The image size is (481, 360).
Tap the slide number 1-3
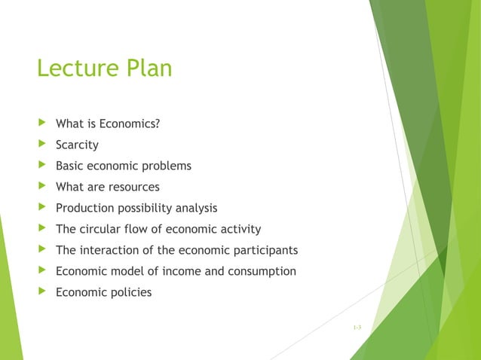(x=357, y=326)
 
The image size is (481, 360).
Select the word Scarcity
(x=77, y=145)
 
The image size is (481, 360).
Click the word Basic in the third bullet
(x=70, y=166)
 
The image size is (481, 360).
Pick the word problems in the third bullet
(x=166, y=166)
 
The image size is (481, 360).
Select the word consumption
(x=261, y=271)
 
